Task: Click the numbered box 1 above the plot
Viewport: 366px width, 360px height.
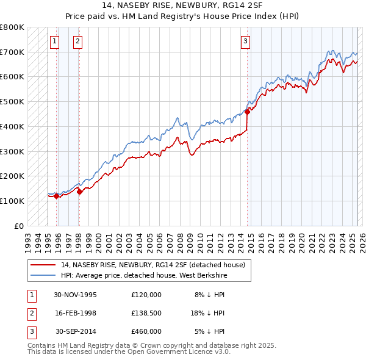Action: [x=55, y=41]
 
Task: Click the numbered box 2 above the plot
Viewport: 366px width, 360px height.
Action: [x=78, y=41]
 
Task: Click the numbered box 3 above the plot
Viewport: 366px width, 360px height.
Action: [x=245, y=41]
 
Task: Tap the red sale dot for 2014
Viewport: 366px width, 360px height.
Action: [x=247, y=111]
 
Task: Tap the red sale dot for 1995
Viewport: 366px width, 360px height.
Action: [x=56, y=196]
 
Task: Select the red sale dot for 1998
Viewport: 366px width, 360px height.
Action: [x=79, y=192]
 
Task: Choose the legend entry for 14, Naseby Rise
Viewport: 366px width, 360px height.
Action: [x=152, y=265]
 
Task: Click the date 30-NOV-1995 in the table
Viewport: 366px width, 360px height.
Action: [x=76, y=295]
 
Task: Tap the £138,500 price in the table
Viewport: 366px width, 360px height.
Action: [x=146, y=312]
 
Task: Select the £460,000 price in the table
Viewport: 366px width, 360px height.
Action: [x=146, y=331]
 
